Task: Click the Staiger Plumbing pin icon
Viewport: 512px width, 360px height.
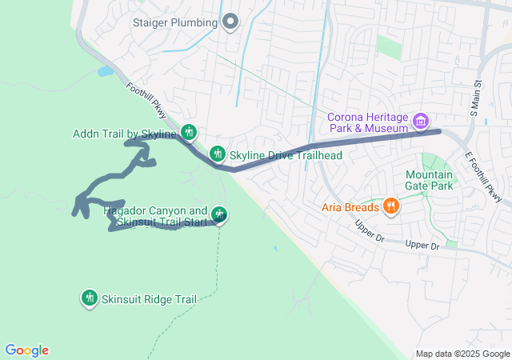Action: pyautogui.click(x=230, y=22)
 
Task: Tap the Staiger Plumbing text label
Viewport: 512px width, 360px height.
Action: pyautogui.click(x=175, y=22)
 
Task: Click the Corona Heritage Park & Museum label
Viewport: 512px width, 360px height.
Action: pyautogui.click(x=368, y=122)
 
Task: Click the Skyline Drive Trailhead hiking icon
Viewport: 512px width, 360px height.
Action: pyautogui.click(x=217, y=154)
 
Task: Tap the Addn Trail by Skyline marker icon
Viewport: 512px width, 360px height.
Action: pyautogui.click(x=189, y=132)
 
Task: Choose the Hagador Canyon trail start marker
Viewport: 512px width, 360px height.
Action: pyautogui.click(x=219, y=214)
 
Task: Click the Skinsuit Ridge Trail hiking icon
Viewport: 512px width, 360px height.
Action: pyautogui.click(x=89, y=298)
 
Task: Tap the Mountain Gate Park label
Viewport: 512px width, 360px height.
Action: pyautogui.click(x=429, y=180)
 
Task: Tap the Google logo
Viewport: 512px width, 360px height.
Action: pyautogui.click(x=26, y=350)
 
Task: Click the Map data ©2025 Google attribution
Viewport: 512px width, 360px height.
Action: pyautogui.click(x=462, y=354)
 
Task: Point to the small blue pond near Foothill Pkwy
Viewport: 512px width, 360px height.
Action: pyautogui.click(x=105, y=71)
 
